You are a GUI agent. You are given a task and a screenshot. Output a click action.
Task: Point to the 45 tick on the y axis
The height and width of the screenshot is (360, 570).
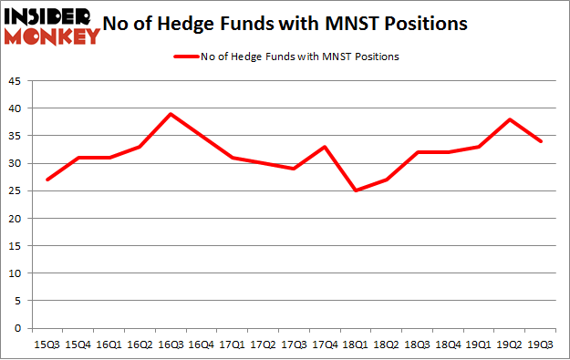pos(16,81)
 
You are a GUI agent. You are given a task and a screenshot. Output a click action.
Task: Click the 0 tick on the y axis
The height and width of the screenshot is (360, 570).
pos(19,328)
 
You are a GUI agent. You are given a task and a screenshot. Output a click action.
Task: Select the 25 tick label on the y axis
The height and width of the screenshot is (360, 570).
pos(16,191)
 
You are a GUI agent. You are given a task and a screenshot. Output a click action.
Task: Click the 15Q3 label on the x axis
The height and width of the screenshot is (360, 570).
pos(47,345)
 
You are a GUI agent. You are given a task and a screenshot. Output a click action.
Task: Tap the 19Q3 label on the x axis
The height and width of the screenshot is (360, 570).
pos(542,345)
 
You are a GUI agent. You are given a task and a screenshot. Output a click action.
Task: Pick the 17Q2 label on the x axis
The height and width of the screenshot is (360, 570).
pos(264,345)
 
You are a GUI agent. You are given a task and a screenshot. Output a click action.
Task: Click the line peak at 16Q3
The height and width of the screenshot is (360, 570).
pos(171,114)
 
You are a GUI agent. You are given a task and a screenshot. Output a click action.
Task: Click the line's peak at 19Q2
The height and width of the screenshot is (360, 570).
pos(511,119)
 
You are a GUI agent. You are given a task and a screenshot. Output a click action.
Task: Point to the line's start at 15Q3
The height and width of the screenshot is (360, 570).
pos(47,180)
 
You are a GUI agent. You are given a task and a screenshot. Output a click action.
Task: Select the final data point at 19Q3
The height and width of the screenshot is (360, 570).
pos(542,141)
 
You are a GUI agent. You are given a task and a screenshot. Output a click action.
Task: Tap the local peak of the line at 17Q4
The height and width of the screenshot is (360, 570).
pos(326,147)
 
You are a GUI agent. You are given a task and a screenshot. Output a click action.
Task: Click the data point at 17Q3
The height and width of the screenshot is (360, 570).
pos(295,169)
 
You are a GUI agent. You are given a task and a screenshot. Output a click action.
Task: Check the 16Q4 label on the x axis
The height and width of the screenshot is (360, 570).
pos(202,345)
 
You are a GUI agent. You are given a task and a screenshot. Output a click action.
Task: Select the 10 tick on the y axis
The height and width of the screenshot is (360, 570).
pos(16,273)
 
